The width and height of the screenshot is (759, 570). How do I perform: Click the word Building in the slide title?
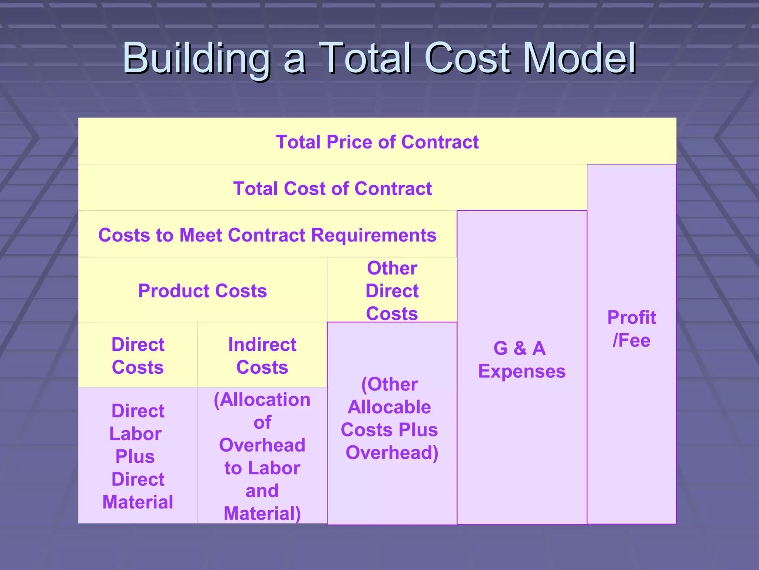(196, 59)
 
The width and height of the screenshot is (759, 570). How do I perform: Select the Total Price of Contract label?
(377, 142)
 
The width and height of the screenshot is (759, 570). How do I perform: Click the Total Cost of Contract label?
(332, 189)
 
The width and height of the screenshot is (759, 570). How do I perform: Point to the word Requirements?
(374, 235)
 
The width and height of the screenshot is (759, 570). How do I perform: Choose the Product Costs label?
(202, 291)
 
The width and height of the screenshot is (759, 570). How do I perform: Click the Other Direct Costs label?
(392, 291)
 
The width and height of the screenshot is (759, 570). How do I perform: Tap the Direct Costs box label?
(138, 356)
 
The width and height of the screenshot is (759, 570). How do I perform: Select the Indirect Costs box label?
(262, 356)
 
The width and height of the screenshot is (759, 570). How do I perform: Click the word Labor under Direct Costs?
(136, 434)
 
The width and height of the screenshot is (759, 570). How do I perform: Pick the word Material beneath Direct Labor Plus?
(138, 502)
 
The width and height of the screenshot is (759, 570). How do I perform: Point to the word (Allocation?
(262, 400)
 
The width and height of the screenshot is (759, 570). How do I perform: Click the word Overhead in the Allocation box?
(262, 445)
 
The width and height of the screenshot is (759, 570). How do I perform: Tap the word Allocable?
(390, 407)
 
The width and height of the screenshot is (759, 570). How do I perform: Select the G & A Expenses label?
(521, 360)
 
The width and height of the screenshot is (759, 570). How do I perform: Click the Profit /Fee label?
(632, 329)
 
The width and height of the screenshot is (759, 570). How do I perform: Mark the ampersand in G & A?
(520, 348)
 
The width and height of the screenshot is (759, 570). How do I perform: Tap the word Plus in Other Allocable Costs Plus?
(418, 430)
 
